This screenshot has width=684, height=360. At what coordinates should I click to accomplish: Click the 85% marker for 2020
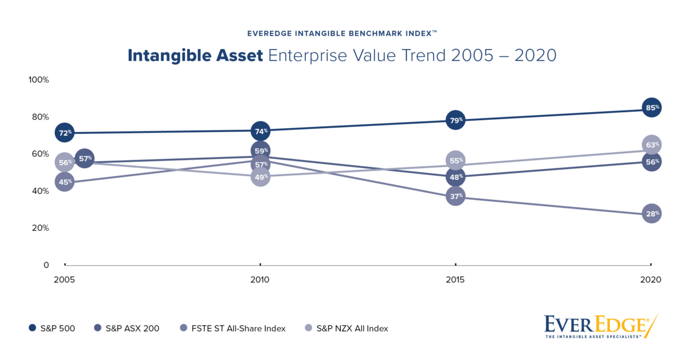(x=652, y=107)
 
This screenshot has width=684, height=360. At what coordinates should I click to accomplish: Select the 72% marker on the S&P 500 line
(x=64, y=133)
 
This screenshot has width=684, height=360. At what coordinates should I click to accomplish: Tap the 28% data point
(x=652, y=214)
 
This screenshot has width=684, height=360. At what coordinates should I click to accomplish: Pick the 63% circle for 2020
(x=652, y=145)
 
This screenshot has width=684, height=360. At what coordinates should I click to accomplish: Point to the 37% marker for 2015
(x=455, y=197)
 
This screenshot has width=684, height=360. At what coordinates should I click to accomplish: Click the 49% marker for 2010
(x=260, y=177)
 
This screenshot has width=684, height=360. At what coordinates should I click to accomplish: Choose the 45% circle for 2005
(x=64, y=182)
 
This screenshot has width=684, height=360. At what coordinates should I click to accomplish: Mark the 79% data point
(x=455, y=120)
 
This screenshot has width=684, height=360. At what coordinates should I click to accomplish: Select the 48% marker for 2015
(x=455, y=177)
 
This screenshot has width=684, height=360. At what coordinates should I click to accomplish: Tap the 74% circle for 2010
(x=260, y=131)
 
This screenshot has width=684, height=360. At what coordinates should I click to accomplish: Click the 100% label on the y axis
(x=39, y=80)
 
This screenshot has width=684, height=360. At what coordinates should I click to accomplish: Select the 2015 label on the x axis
(x=455, y=280)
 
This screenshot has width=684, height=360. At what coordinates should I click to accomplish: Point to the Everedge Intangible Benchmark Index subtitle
(x=342, y=34)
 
